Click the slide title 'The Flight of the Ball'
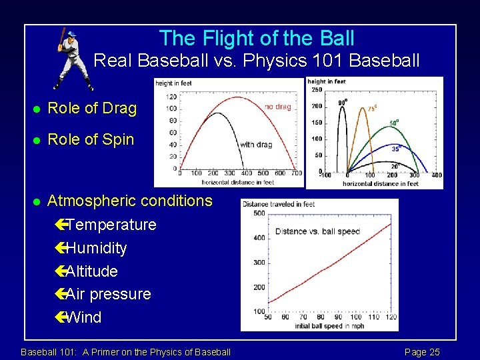257,38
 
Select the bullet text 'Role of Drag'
92,109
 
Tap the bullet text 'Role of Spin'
91,140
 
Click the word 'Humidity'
96,248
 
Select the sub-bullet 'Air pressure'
108,294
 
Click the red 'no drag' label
277,107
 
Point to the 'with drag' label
256,145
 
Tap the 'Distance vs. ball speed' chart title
317,231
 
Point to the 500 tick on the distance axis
259,213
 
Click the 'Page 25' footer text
422,352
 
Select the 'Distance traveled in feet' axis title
279,204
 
